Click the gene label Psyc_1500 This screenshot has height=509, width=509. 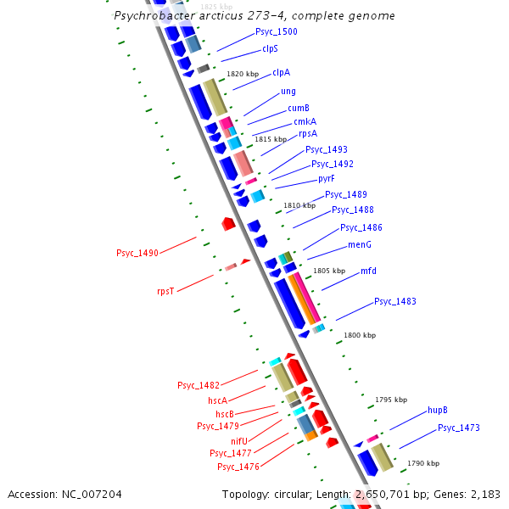(277, 32)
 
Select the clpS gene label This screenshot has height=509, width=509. (270, 49)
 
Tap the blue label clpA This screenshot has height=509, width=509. (281, 73)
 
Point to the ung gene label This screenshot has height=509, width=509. (288, 92)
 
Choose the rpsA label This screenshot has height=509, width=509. (308, 133)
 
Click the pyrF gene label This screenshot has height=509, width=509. (327, 179)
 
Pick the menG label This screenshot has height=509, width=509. (360, 244)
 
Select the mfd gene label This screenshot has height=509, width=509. (368, 271)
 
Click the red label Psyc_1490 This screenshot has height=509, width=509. (137, 253)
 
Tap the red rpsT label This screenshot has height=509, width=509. (165, 291)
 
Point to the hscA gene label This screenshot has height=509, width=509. (217, 400)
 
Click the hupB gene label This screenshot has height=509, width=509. (438, 411)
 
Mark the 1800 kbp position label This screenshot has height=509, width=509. (359, 335)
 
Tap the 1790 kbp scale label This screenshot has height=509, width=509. (423, 463)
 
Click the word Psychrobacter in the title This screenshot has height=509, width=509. (151, 16)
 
